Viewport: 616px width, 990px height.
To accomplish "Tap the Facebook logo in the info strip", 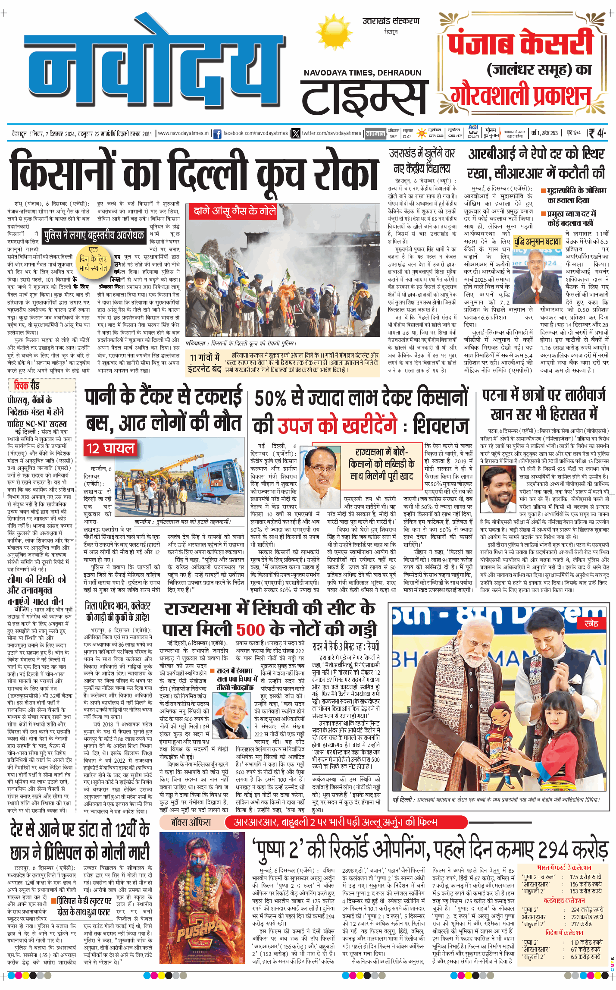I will (217, 134).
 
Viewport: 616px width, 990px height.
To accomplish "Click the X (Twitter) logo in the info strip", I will (296, 134).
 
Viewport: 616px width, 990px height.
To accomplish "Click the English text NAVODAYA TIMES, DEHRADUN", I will (363, 73).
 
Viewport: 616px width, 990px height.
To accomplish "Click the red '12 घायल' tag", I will (110, 449).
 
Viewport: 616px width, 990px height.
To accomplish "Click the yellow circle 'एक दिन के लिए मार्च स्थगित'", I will (94, 259).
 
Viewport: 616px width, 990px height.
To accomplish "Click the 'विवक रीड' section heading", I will (26, 385).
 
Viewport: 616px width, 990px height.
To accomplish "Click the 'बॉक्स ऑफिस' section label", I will (191, 822).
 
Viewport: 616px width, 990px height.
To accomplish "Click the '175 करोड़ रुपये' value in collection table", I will (585, 877).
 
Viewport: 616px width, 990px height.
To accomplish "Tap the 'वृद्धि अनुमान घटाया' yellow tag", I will (537, 242).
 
